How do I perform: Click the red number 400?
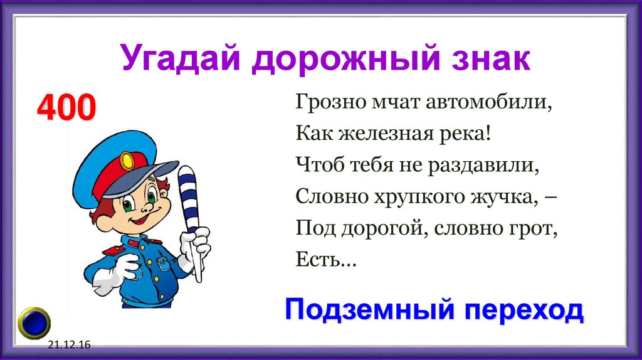coord(66,107)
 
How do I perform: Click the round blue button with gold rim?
coord(34,322)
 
